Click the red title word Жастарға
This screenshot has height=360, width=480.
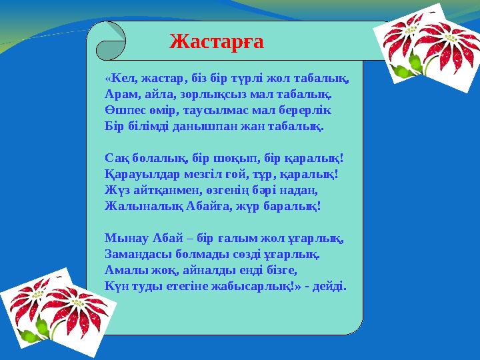(217, 41)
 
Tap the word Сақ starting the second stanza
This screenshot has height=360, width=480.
(116, 157)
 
